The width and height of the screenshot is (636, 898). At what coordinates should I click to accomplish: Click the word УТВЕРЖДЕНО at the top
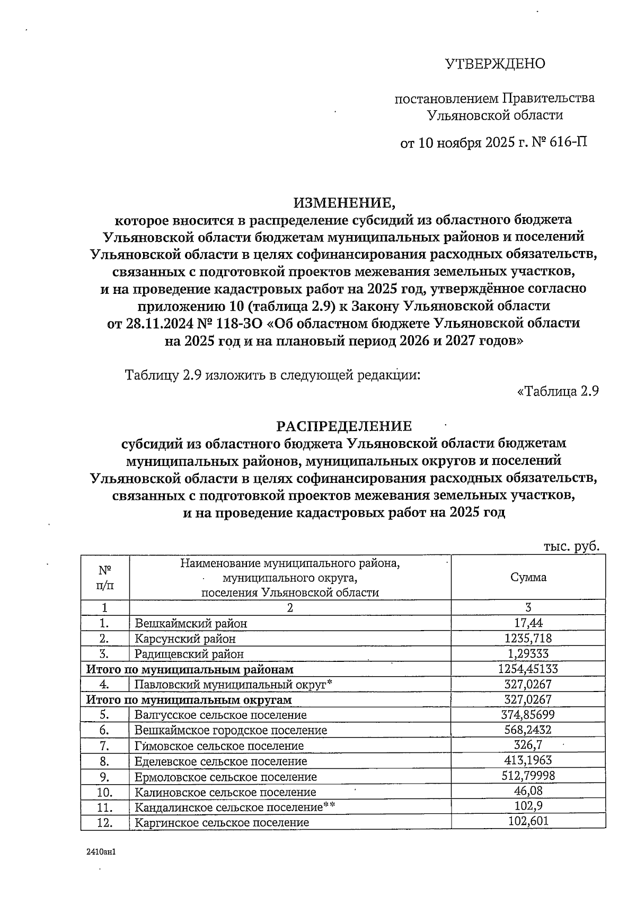[x=494, y=64]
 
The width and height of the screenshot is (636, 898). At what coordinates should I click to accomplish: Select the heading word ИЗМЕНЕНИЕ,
[x=344, y=202]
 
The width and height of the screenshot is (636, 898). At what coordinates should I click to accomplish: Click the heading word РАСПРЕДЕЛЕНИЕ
[x=344, y=426]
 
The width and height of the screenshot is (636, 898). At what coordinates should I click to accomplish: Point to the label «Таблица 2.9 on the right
[x=558, y=392]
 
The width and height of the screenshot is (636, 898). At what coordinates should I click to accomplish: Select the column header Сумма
[x=528, y=577]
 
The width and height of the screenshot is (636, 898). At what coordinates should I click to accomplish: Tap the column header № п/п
[x=105, y=577]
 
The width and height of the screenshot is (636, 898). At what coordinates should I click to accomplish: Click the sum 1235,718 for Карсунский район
[x=528, y=639]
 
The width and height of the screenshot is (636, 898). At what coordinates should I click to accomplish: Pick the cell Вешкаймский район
[x=190, y=624]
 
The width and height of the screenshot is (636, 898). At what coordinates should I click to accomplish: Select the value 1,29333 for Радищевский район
[x=528, y=654]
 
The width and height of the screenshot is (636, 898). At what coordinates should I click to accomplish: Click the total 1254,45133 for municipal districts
[x=528, y=669]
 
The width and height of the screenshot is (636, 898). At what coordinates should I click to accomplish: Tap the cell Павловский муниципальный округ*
[x=233, y=685]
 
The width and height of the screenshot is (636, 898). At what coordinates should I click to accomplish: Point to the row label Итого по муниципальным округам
[x=189, y=700]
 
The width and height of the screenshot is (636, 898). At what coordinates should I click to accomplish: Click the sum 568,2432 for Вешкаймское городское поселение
[x=528, y=730]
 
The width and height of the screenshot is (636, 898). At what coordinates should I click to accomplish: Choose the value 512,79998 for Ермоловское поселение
[x=528, y=776]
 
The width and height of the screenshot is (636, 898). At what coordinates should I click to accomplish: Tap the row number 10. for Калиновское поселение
[x=105, y=793]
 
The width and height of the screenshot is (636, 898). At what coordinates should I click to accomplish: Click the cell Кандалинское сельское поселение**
[x=235, y=807]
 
